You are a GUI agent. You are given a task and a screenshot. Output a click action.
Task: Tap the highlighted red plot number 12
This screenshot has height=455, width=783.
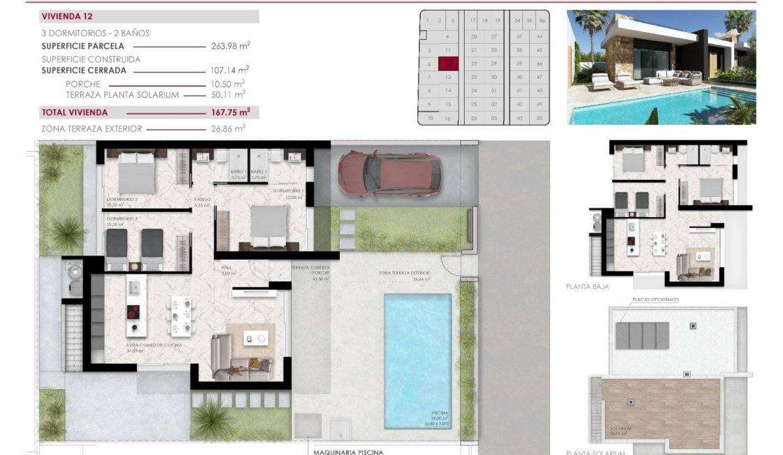pos(448,64)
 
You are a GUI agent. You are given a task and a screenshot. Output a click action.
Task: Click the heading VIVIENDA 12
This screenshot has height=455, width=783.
pos(67,17)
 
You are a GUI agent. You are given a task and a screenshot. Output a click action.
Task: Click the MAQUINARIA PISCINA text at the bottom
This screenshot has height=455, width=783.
pos(348,451)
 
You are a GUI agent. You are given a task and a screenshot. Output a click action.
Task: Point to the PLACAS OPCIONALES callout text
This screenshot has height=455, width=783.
pos(656,299)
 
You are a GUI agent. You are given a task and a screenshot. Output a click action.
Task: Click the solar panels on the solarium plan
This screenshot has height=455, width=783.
pos(642,335)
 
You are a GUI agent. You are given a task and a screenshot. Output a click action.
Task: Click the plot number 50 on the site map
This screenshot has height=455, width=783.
pos(539,118)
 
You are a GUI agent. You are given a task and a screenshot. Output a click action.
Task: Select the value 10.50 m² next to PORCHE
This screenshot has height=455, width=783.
pos(230,83)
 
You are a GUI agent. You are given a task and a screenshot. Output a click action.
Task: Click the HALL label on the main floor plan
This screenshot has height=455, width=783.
pos(226,268)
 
